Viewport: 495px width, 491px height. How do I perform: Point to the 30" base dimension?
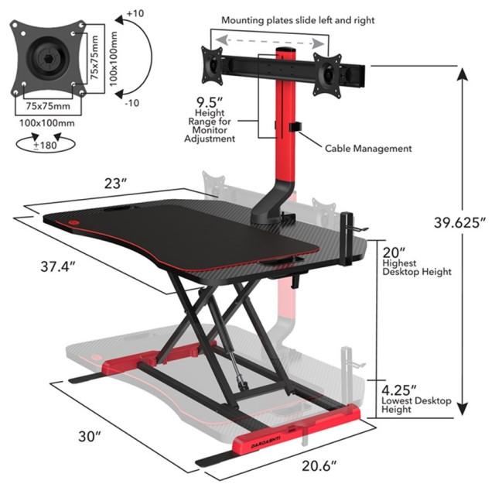click(x=88, y=436)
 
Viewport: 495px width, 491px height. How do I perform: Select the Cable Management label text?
click(x=367, y=148)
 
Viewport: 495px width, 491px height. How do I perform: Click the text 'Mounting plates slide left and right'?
click(x=297, y=19)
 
